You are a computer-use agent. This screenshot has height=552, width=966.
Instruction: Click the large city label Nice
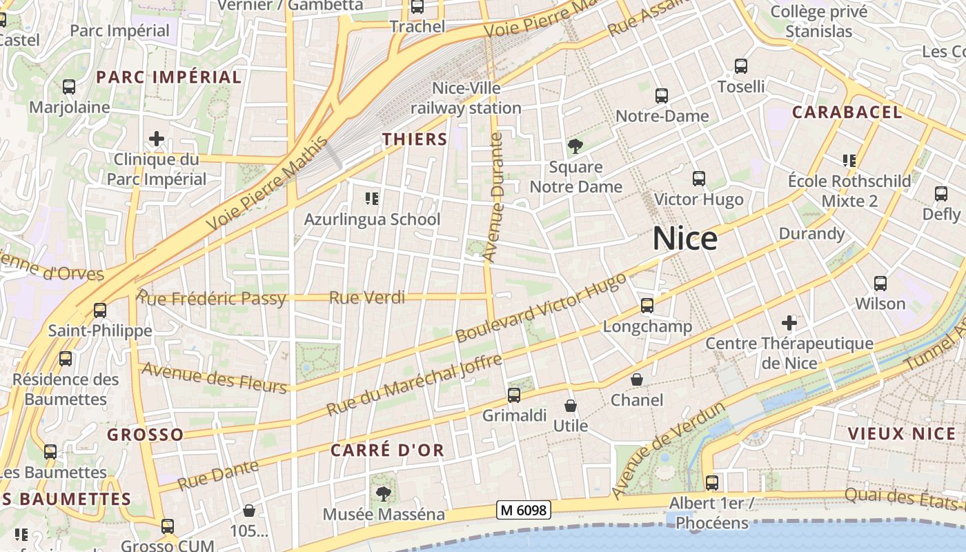pyautogui.click(x=684, y=239)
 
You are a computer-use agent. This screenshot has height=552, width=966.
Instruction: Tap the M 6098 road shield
pyautogui.click(x=523, y=510)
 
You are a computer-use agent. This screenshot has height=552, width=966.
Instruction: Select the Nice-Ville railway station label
pyautogui.click(x=466, y=98)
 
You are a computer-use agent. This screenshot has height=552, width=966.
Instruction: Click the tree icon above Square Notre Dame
pyautogui.click(x=575, y=146)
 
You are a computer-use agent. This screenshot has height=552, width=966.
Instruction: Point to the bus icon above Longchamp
pyautogui.click(x=647, y=305)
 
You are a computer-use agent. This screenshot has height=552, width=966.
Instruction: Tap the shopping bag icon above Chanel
pyautogui.click(x=637, y=379)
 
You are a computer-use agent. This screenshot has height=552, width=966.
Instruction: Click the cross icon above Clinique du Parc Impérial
pyautogui.click(x=157, y=139)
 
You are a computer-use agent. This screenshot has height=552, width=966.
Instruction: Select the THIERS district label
pyautogui.click(x=415, y=139)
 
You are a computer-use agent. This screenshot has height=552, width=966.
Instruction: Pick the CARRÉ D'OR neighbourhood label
pyautogui.click(x=386, y=450)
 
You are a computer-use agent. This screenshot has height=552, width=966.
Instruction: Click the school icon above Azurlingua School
pyautogui.click(x=372, y=199)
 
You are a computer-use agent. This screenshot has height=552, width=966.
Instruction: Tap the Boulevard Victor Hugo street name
pyautogui.click(x=541, y=307)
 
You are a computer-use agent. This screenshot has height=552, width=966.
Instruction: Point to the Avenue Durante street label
pyautogui.click(x=493, y=198)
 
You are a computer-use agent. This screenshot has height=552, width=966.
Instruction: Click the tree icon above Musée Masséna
pyautogui.click(x=383, y=493)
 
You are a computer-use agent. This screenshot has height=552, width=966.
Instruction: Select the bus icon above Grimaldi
pyautogui.click(x=514, y=395)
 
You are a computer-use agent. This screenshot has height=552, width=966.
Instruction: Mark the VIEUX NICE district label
pyautogui.click(x=901, y=433)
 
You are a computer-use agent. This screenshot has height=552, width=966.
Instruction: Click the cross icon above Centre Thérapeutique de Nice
pyautogui.click(x=789, y=322)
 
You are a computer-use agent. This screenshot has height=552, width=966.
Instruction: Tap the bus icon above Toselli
pyautogui.click(x=741, y=66)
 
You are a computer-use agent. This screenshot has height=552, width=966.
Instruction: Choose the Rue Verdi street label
pyautogui.click(x=366, y=297)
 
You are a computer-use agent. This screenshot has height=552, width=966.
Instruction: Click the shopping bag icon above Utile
pyautogui.click(x=571, y=406)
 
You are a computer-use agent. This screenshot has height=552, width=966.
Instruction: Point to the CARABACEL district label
pyautogui.click(x=847, y=112)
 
